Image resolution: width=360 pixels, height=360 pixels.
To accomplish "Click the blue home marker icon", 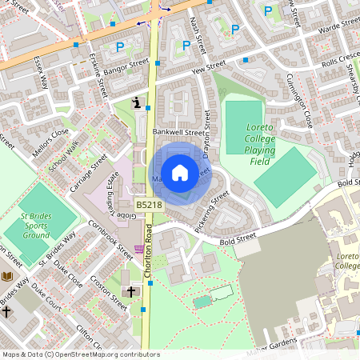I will (180, 173).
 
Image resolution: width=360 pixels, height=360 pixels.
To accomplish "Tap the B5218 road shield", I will (147, 206).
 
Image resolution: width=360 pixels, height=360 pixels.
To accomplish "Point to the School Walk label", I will (63, 157).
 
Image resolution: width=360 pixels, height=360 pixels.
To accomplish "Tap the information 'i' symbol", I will (138, 102).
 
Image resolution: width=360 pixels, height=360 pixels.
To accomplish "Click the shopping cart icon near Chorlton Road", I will (139, 250).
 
